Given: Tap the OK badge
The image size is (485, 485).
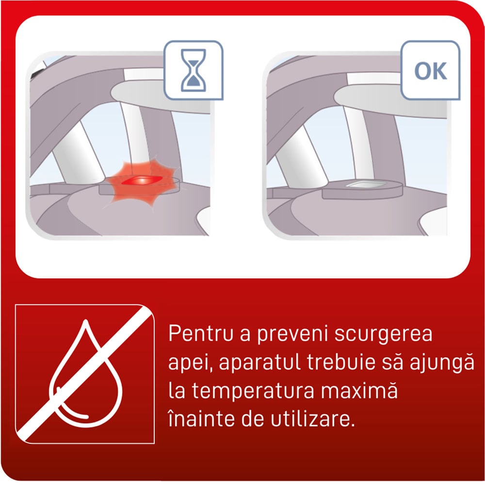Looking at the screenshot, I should pyautogui.click(x=430, y=71).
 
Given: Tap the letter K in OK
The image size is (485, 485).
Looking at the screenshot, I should pyautogui.click(x=439, y=71).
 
